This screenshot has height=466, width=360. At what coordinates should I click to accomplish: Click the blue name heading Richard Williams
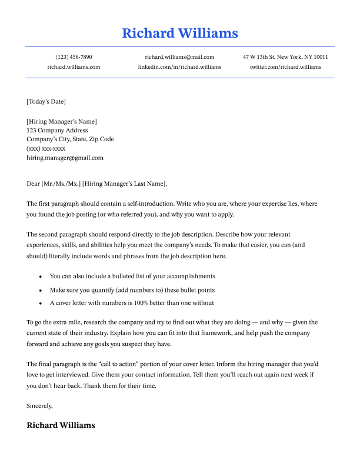[180, 33]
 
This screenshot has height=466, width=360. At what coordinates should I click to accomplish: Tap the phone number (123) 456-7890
[74, 57]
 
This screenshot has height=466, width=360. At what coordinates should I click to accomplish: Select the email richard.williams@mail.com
[179, 57]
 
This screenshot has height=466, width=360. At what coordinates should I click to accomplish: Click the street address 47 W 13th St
[261, 57]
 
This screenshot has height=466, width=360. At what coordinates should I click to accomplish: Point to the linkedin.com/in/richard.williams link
[179, 67]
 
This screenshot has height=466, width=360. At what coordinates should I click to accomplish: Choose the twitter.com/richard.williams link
[285, 67]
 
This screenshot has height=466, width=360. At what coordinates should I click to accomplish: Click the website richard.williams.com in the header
[74, 67]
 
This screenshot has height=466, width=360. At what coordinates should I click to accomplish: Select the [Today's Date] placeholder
[46, 102]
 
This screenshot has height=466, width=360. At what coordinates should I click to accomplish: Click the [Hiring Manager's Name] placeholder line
[62, 121]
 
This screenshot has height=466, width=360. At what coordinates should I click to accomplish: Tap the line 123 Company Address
[57, 130]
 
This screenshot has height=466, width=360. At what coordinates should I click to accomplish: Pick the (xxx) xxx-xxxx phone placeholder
[46, 149]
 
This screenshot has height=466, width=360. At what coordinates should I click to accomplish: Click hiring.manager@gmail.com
[65, 158]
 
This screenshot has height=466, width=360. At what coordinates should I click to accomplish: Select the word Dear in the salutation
[34, 184]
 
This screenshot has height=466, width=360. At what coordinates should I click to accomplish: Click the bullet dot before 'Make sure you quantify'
[40, 291]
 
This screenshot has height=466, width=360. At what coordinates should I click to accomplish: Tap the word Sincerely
[40, 405]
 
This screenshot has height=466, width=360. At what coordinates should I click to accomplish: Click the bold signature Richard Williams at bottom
[61, 425]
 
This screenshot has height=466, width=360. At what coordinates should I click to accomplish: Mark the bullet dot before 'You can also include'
[40, 277]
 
